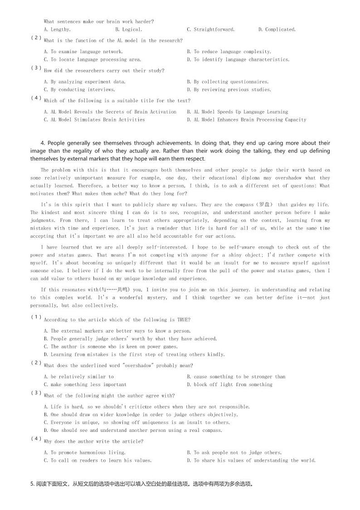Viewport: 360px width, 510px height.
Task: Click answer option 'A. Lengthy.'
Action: point(57,29)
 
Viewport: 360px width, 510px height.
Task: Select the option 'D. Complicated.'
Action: point(277,29)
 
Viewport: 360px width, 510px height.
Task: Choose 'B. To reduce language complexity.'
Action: point(229,52)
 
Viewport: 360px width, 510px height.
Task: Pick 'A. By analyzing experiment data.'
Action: point(85,82)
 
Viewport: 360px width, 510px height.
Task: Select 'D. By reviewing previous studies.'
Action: point(229,90)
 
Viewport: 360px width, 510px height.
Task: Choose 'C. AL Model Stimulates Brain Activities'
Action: point(94,120)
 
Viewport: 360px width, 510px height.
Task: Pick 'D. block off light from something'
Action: point(229,385)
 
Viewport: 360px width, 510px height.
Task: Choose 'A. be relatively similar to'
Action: point(79,377)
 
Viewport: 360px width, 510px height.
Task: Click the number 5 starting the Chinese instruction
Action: point(32,484)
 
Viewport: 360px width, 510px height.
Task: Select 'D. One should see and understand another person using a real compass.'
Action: point(133,430)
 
